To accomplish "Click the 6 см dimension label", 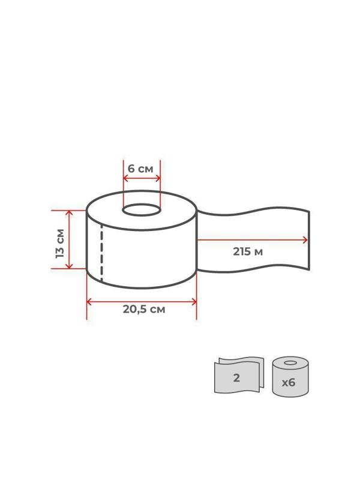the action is pos(140,169).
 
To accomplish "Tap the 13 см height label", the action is pos(61,244).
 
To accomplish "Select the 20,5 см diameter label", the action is pos(144,309).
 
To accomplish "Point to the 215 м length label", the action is pos(248,251).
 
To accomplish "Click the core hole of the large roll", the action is pos(142,210).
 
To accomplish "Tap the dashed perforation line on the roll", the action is pos(101,253).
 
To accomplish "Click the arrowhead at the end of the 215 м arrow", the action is pos(305,240).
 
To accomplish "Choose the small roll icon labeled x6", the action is pos(290,377).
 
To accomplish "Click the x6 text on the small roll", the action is pos(289,382).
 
